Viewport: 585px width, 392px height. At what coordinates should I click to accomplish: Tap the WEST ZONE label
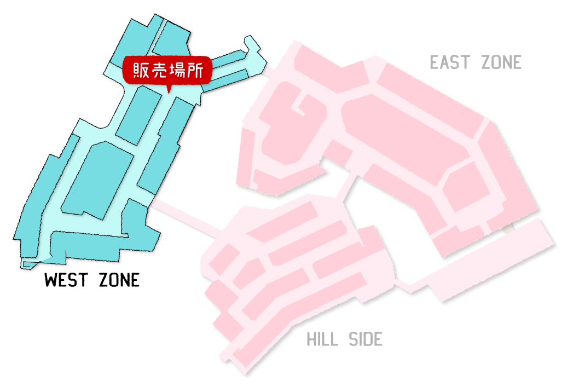click(x=92, y=280)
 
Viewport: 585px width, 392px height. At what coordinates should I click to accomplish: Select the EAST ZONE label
click(x=476, y=62)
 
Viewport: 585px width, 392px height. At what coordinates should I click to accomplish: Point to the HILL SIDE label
click(x=344, y=339)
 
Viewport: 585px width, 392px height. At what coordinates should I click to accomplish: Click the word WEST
click(x=66, y=280)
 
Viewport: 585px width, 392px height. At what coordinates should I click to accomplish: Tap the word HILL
click(x=323, y=339)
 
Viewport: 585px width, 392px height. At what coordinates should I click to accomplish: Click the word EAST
click(x=450, y=62)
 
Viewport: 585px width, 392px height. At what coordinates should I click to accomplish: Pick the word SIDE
click(x=366, y=339)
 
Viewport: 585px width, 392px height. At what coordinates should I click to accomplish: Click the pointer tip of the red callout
click(x=169, y=93)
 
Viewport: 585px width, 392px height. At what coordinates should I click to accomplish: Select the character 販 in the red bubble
click(x=141, y=70)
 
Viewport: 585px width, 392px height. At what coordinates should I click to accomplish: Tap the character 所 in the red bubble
click(x=195, y=70)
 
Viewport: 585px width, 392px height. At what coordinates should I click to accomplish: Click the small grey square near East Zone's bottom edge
click(x=508, y=228)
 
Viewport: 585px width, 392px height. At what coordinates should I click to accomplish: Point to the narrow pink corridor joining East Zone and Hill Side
click(x=347, y=188)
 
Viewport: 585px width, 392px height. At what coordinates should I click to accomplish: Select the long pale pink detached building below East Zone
click(x=491, y=260)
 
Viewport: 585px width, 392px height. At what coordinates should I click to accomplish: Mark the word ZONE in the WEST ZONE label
click(x=119, y=280)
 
